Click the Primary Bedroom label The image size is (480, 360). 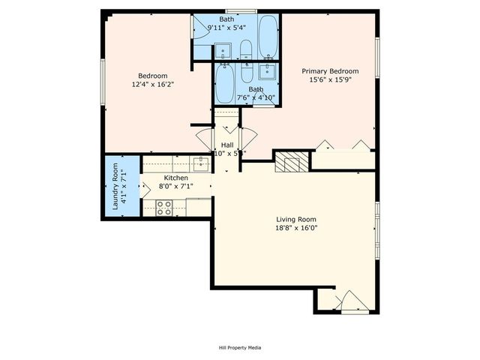330,71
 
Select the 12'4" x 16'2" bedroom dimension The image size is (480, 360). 152,85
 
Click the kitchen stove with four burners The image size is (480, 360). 163,207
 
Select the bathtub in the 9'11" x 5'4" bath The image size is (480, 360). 267,34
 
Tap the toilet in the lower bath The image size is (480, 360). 247,72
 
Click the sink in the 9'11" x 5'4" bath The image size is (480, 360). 223,51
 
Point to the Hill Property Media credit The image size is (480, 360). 239,347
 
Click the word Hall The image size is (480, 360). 226,145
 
